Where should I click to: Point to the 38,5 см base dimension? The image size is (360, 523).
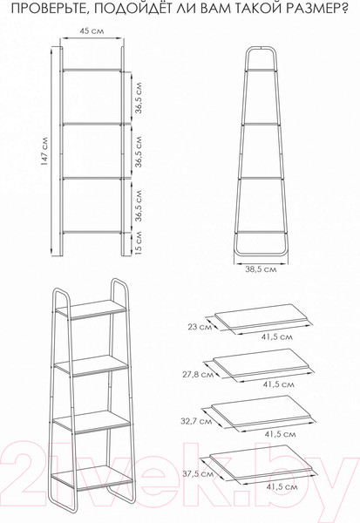pos(261,270)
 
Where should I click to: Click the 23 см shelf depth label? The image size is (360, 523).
pos(200,326)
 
